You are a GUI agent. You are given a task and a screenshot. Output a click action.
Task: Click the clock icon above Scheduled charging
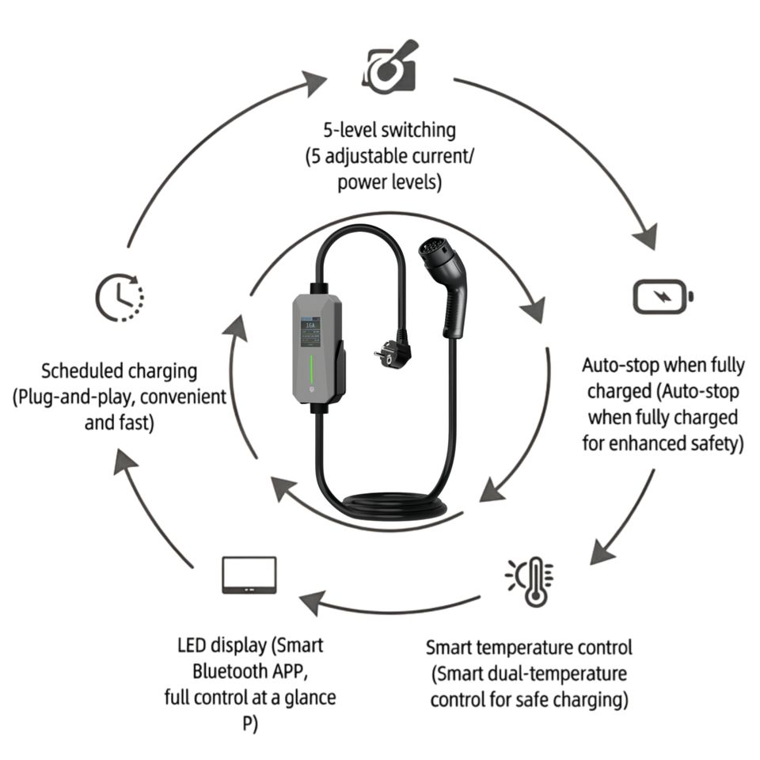(120, 298)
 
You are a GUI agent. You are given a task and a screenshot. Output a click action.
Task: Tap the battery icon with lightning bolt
(663, 296)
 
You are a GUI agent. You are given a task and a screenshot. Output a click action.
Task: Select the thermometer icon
(530, 581)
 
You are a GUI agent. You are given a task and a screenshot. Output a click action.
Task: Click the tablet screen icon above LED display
(249, 575)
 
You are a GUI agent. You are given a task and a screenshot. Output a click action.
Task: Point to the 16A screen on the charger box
(310, 331)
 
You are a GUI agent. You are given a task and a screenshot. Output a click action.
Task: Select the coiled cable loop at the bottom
(393, 509)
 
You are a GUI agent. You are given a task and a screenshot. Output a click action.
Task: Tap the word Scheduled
(82, 371)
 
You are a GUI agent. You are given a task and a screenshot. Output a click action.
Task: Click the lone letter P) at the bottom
(250, 724)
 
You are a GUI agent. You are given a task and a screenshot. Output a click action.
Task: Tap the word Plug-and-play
(73, 397)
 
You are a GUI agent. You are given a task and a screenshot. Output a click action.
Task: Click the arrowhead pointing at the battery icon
(647, 235)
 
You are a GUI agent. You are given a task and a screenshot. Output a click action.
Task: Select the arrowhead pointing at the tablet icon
(313, 602)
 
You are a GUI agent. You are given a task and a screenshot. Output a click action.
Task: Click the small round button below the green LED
(310, 390)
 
